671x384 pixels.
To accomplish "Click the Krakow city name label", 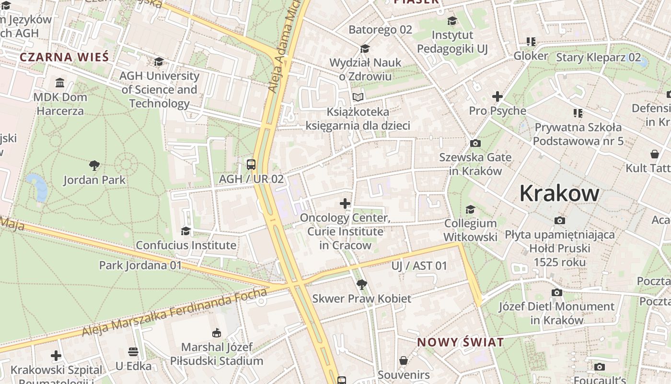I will click(x=559, y=193).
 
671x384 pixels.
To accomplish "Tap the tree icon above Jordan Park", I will click(x=94, y=166).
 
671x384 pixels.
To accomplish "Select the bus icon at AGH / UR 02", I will click(x=251, y=165).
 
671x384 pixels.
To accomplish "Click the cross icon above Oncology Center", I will click(x=345, y=204).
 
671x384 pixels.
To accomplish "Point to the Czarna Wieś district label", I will click(x=64, y=57).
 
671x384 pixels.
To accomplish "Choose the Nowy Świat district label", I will click(x=460, y=342).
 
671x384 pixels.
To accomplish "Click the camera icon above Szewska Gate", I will click(x=475, y=143).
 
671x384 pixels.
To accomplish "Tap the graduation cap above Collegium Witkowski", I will click(x=470, y=209).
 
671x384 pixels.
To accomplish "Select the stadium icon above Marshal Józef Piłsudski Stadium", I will click(x=216, y=333).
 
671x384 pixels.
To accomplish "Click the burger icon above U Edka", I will click(x=133, y=352).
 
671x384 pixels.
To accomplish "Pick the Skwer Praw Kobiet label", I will click(x=361, y=299).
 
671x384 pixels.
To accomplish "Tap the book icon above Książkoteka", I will click(x=358, y=97).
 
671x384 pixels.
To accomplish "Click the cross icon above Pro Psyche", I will click(x=497, y=96).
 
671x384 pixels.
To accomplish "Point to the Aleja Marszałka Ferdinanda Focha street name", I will click(x=174, y=313).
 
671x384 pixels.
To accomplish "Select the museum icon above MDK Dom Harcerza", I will click(x=60, y=83).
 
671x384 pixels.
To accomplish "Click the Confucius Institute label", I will click(x=186, y=245).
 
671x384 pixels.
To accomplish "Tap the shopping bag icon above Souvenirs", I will click(x=404, y=360).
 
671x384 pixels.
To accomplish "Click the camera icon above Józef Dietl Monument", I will click(x=556, y=292).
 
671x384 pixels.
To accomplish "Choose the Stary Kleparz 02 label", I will click(x=598, y=58).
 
